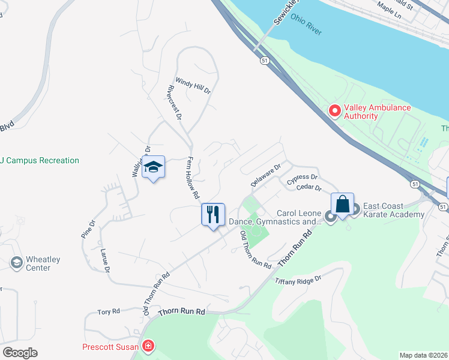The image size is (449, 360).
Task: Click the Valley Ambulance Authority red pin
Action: [x=334, y=111]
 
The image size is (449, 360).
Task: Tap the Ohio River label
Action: [x=306, y=25]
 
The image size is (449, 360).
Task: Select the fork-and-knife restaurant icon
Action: [x=212, y=214]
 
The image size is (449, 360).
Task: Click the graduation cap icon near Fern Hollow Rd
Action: [x=154, y=167]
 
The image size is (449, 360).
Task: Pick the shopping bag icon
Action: [x=342, y=204]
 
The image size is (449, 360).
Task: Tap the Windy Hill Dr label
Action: [x=193, y=86]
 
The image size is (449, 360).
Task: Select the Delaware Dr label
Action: [x=266, y=175]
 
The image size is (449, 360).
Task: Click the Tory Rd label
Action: [x=109, y=312]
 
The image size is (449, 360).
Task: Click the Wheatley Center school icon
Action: [x=17, y=262]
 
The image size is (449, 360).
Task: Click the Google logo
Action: [x=20, y=352]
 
